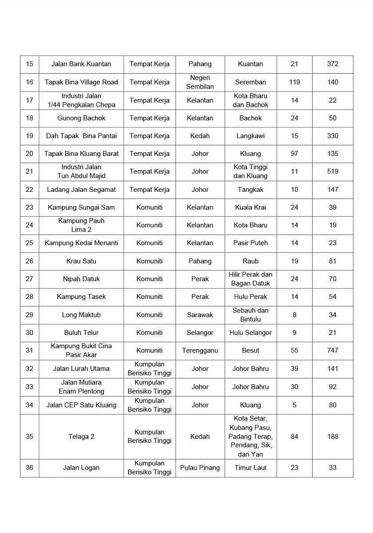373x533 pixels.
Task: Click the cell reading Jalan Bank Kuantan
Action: (x=81, y=64)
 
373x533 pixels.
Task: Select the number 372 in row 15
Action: (x=333, y=64)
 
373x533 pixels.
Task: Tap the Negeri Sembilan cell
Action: (x=200, y=82)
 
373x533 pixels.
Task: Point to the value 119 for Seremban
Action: (x=294, y=82)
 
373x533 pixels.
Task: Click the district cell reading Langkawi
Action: (x=250, y=136)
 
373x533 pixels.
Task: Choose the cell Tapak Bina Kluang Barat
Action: (x=81, y=154)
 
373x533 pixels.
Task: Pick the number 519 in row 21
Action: (x=333, y=171)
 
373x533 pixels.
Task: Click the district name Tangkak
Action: (x=250, y=190)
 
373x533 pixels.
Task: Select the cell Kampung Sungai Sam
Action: (x=81, y=207)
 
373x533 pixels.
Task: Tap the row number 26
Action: (x=29, y=261)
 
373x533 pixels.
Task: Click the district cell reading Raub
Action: (x=250, y=261)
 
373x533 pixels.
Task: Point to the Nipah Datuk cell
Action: (x=81, y=279)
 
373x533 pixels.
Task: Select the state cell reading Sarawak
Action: (x=200, y=315)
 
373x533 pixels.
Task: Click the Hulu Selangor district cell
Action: (x=250, y=333)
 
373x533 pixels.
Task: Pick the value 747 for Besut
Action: (x=333, y=350)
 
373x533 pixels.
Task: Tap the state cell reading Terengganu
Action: (x=200, y=350)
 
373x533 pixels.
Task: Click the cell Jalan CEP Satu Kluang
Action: (x=81, y=405)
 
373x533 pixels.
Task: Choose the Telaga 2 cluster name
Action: (x=81, y=437)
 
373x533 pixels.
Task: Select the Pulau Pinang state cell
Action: (x=200, y=468)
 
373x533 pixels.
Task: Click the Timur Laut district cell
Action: (x=250, y=468)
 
